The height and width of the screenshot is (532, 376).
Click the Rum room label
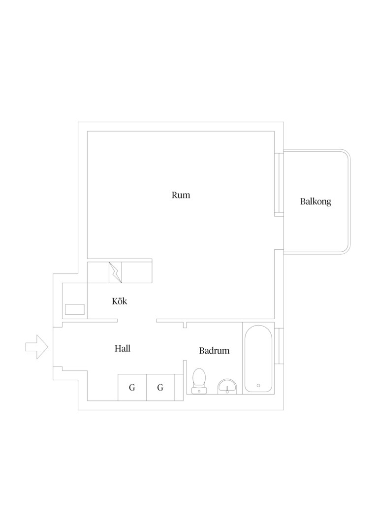click(x=181, y=195)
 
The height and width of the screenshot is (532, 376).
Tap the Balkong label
click(x=315, y=201)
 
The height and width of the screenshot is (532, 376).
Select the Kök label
click(x=119, y=301)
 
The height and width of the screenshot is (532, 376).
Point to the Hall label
click(x=123, y=348)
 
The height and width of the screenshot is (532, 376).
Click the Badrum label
click(x=214, y=351)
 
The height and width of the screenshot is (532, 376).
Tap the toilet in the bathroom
click(x=199, y=381)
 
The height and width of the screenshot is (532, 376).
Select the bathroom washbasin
click(x=227, y=387)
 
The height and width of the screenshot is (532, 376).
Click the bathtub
click(x=258, y=359)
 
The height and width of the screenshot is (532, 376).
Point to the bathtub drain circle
click(x=258, y=385)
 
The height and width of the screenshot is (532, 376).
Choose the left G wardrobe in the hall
click(x=132, y=387)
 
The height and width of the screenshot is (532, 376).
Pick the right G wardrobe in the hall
click(x=160, y=387)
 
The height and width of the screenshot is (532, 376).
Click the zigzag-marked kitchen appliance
click(x=115, y=272)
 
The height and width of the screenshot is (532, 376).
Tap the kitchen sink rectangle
click(x=75, y=309)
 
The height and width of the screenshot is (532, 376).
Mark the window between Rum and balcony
click(x=279, y=184)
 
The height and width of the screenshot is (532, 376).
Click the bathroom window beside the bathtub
click(x=279, y=346)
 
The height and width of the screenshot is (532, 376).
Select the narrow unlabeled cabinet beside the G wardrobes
click(x=179, y=387)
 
